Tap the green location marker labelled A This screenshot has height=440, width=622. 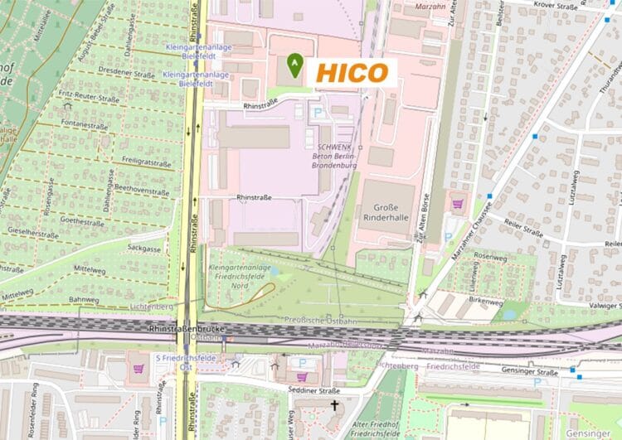pyautogui.click(x=294, y=64)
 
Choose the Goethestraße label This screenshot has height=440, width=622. pyautogui.click(x=81, y=222)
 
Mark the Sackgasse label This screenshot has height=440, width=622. pyautogui.click(x=144, y=248)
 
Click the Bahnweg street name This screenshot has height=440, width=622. pyautogui.click(x=84, y=299)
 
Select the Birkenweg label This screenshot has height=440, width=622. pyautogui.click(x=487, y=302)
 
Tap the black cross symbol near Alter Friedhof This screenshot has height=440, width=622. pyautogui.click(x=335, y=407)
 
